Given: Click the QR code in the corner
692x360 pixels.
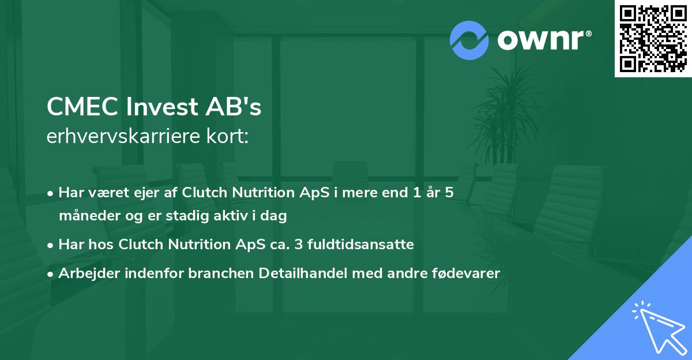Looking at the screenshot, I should pos(653,39).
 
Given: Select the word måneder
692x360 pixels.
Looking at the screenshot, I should pos(86,216).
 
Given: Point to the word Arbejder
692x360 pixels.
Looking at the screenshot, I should pos(86,273).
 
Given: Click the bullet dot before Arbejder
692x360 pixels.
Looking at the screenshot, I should pos(51,274).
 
